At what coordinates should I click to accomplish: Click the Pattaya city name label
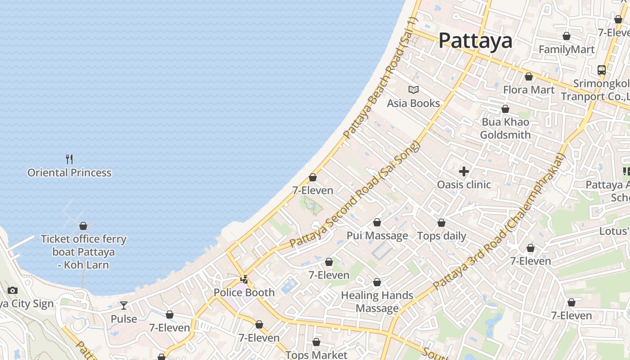point(475,40)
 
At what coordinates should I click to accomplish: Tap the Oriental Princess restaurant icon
point(69,159)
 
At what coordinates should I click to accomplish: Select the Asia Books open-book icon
point(413,90)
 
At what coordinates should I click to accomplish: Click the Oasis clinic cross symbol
point(464,171)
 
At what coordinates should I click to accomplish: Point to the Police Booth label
point(244,292)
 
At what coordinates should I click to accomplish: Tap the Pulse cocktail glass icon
point(124,306)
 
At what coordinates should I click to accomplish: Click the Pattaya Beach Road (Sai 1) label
point(381,78)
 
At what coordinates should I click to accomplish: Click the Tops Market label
point(316,355)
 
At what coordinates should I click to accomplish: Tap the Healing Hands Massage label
point(377,301)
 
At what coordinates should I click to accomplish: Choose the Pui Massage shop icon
point(377,222)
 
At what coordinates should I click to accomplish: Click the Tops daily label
point(441,236)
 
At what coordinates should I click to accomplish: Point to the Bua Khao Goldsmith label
point(505,128)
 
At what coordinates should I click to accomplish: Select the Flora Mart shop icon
point(529,76)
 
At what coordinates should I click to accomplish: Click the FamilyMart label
point(567,49)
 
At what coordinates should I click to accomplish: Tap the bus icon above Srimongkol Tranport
point(602,70)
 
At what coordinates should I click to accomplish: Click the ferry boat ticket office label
point(83,252)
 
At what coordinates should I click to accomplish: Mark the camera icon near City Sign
point(13,290)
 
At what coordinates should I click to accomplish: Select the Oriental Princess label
point(69,173)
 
